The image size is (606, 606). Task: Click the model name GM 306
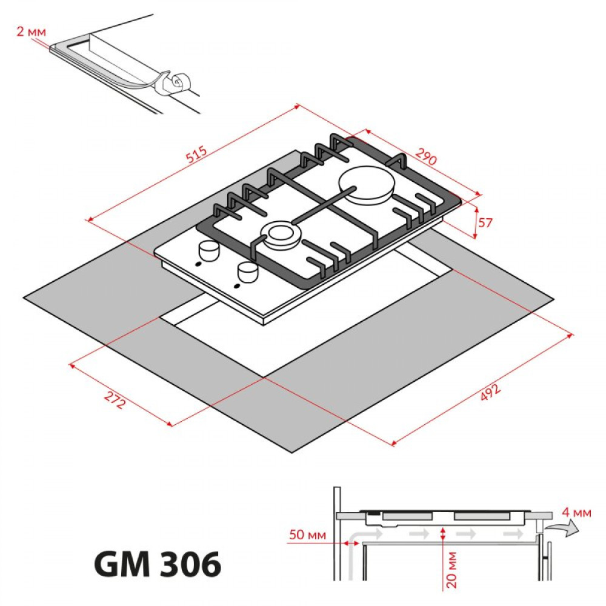tap(158, 565)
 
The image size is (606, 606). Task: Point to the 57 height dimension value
tap(485, 222)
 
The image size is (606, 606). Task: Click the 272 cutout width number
tap(115, 400)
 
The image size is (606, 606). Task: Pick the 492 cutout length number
tap(490, 392)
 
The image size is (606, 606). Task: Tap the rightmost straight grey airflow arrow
tap(513, 534)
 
